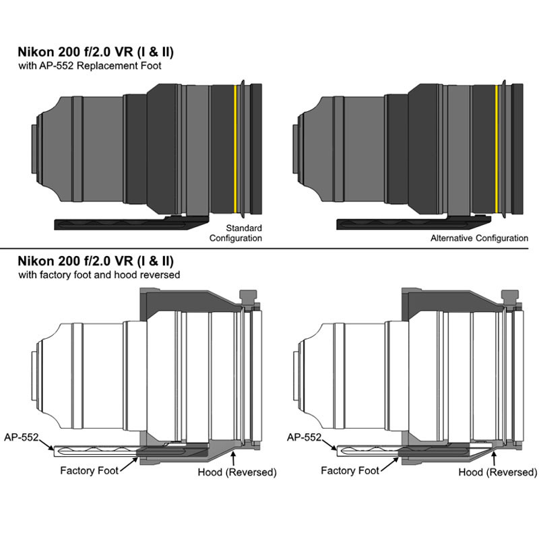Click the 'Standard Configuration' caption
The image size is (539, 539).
pos(235,233)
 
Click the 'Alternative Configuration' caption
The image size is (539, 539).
pos(479,238)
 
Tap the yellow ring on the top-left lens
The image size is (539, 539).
pos(235,149)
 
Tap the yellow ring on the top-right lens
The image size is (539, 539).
pos(497,149)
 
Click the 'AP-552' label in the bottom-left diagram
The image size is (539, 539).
pos(22,437)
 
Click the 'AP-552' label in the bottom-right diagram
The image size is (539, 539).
pos(304,437)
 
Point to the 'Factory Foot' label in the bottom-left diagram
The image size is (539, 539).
pos(89,470)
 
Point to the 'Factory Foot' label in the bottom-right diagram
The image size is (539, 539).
pos(350,470)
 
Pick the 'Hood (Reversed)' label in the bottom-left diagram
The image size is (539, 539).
pos(237,472)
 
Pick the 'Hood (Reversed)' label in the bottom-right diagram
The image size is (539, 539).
pos(498,472)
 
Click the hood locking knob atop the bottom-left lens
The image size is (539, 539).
pos(248,296)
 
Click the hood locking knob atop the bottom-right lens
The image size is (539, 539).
pos(510,296)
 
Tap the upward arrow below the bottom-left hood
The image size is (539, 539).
pos(234,457)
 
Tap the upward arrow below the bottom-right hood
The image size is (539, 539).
pos(495,457)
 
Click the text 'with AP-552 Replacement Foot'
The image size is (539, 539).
pos(90,65)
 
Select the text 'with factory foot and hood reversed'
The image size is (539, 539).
pos(99,275)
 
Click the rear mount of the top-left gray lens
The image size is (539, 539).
pos(34,149)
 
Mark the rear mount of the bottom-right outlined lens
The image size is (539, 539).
pos(295,376)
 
